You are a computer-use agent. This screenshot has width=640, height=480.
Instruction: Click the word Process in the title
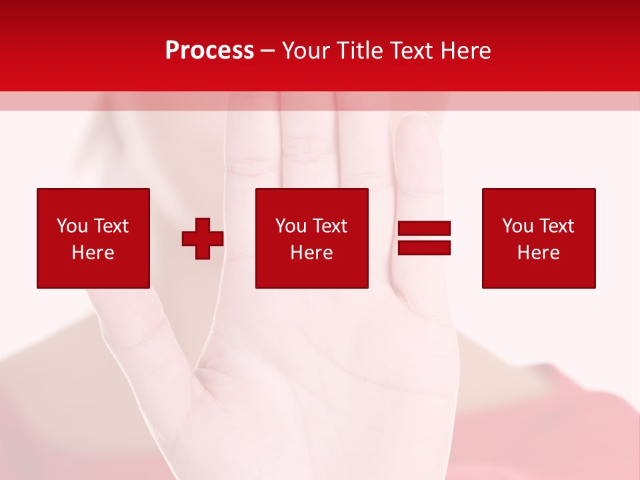[x=209, y=51]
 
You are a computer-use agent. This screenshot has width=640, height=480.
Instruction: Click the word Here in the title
[x=466, y=51]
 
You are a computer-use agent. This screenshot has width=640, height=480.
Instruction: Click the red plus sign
[x=203, y=239]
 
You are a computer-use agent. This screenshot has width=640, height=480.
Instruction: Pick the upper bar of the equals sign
[x=424, y=229]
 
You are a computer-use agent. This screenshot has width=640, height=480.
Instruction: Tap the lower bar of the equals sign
[x=424, y=247]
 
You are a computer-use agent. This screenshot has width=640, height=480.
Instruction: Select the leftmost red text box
[x=93, y=238]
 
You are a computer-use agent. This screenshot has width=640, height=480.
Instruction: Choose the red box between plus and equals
[x=312, y=238]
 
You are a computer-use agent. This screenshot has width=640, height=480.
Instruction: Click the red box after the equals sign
[x=539, y=238]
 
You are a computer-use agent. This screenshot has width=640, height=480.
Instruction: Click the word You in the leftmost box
[x=72, y=226]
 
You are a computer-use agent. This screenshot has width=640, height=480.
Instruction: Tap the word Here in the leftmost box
[x=93, y=253]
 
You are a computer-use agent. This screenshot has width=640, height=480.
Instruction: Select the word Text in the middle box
[x=330, y=226]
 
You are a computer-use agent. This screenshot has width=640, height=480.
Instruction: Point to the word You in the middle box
[x=291, y=226]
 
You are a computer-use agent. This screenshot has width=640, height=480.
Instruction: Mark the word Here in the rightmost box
[x=538, y=253]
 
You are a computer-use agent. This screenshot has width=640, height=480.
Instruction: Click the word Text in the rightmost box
[x=557, y=226]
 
